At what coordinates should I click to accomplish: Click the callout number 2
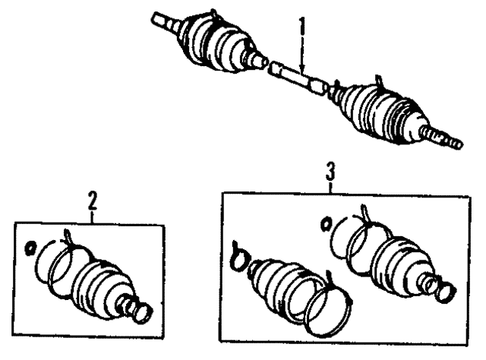[93, 201]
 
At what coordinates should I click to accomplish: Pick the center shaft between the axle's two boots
[298, 77]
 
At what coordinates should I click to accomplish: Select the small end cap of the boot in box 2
[144, 313]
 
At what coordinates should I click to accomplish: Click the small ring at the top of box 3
[326, 224]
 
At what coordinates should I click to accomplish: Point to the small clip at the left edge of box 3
[238, 257]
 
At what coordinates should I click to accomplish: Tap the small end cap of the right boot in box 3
[447, 292]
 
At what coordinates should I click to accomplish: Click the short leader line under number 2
[93, 217]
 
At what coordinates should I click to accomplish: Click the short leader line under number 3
[331, 188]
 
